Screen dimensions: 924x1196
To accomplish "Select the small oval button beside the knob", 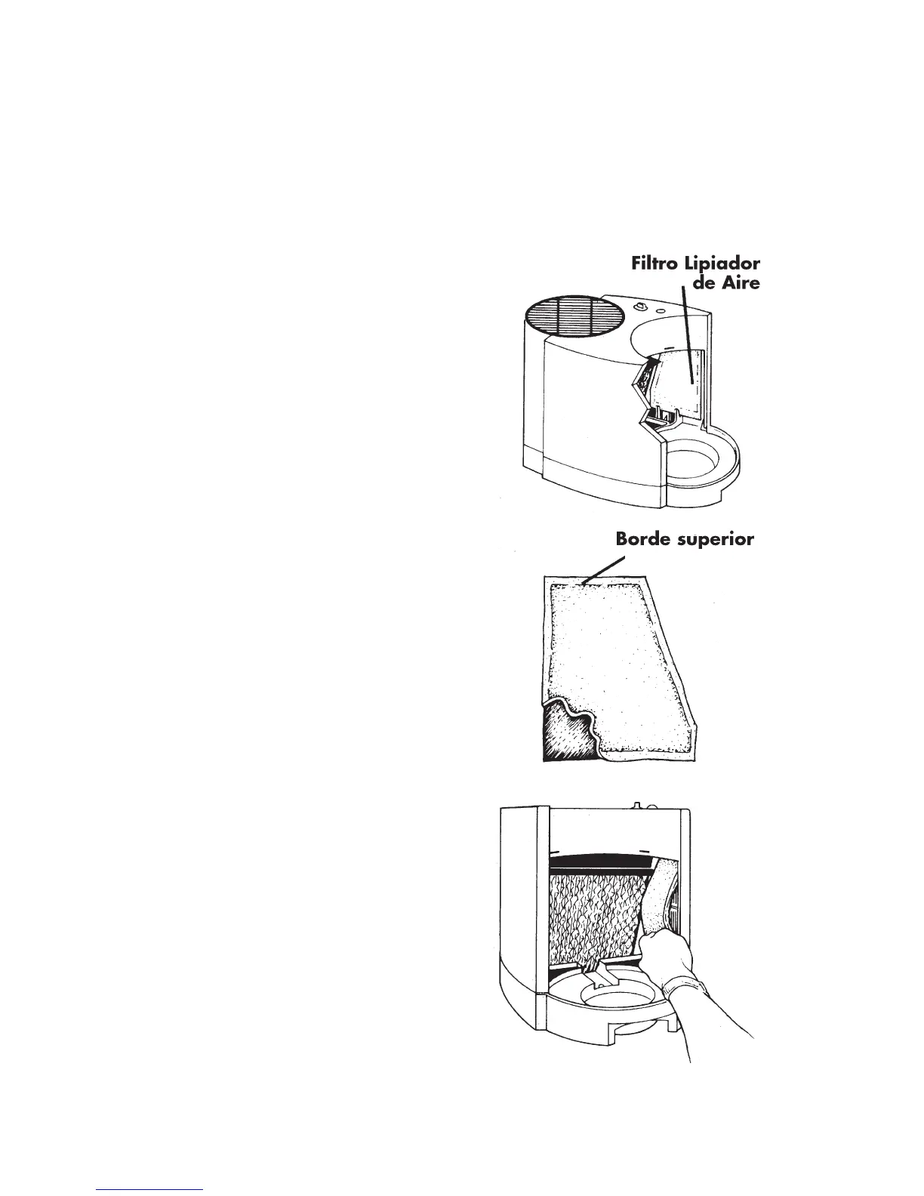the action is click(x=661, y=310).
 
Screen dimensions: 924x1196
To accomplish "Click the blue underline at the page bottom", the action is click(x=150, y=1188).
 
